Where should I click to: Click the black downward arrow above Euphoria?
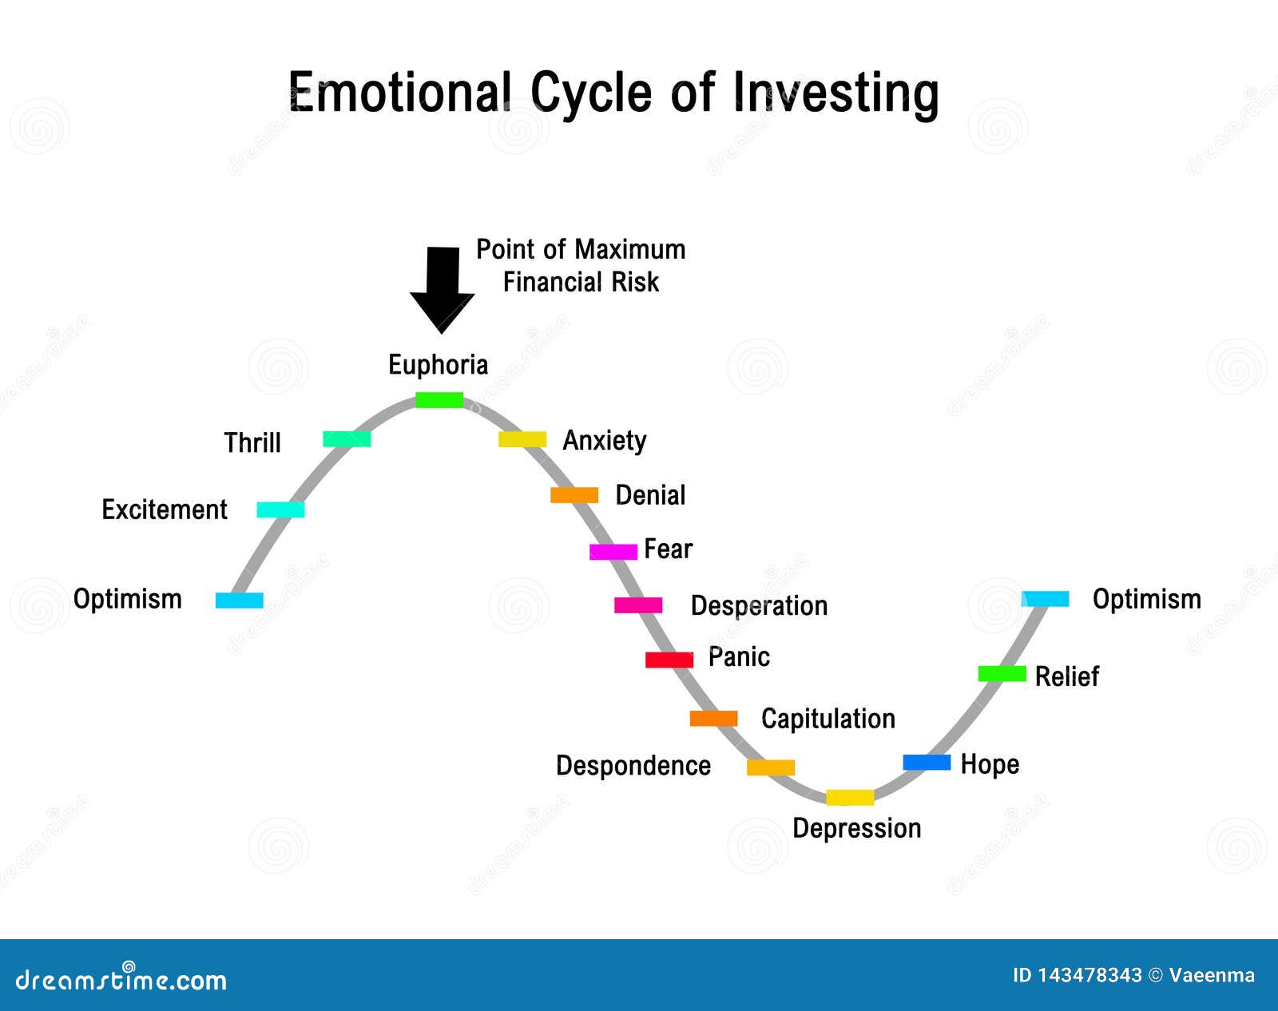click(442, 288)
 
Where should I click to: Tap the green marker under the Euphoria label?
click(439, 399)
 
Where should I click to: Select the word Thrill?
click(252, 442)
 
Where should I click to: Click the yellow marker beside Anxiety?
click(522, 438)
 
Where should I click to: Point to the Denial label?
click(650, 494)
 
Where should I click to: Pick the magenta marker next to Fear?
click(613, 552)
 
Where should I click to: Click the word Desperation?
click(759, 605)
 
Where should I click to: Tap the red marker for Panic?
click(669, 660)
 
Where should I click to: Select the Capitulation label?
click(828, 719)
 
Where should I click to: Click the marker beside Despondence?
click(771, 767)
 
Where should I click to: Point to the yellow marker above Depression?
click(850, 797)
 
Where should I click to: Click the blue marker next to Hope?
click(927, 763)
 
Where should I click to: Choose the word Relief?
click(1066, 676)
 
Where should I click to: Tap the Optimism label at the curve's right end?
click(1147, 599)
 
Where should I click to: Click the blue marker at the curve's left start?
click(240, 601)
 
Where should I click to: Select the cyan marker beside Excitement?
click(280, 509)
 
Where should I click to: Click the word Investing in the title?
click(835, 93)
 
